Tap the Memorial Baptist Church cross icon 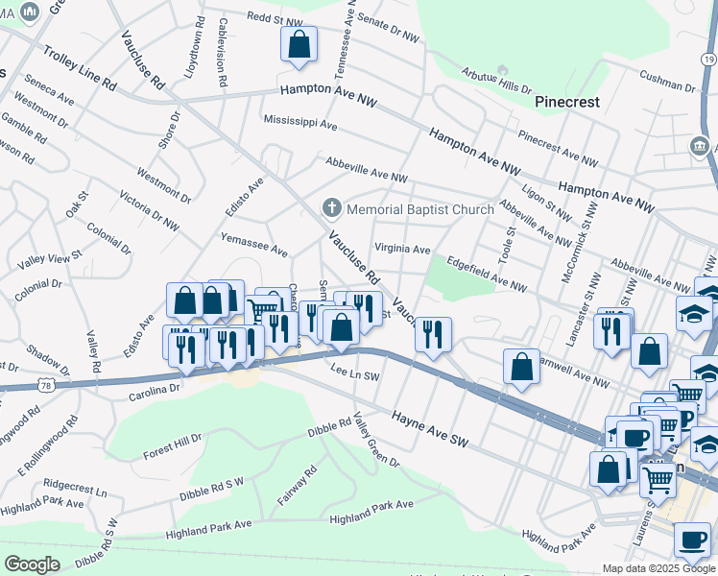[332, 208]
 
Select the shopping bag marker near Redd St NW [299, 44]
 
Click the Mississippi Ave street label [300, 124]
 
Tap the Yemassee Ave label [254, 244]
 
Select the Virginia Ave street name [402, 249]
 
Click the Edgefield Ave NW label [488, 273]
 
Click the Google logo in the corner [32, 564]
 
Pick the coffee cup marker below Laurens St [692, 540]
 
